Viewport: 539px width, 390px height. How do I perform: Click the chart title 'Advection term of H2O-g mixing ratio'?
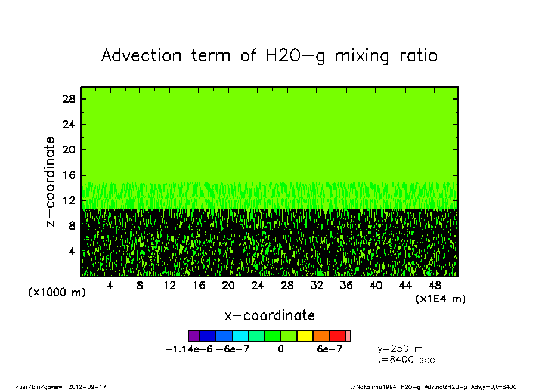coord(269,55)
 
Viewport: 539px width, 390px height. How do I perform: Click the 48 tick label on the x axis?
coord(435,286)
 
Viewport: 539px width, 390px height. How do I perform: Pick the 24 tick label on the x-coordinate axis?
coord(258,286)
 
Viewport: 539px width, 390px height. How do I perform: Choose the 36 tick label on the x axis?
coord(346,286)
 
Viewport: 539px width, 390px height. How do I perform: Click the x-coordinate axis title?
coord(269,315)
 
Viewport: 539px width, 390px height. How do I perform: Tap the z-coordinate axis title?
coord(51,181)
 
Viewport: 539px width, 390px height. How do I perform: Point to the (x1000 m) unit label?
coord(54,293)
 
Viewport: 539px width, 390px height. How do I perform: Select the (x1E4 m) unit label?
coord(441,299)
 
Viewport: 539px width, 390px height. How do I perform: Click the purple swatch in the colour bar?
coord(194,336)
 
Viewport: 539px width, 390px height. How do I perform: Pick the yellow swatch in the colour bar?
coord(305,336)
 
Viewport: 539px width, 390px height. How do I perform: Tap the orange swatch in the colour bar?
coord(321,336)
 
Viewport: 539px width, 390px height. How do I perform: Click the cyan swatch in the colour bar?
coord(240,336)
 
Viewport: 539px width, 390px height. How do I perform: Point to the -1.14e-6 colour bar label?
coord(189,349)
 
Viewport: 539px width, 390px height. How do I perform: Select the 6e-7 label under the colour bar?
coord(329,349)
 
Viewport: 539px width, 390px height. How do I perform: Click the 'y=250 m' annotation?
coord(400,349)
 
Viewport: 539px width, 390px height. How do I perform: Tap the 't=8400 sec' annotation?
coord(406,360)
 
